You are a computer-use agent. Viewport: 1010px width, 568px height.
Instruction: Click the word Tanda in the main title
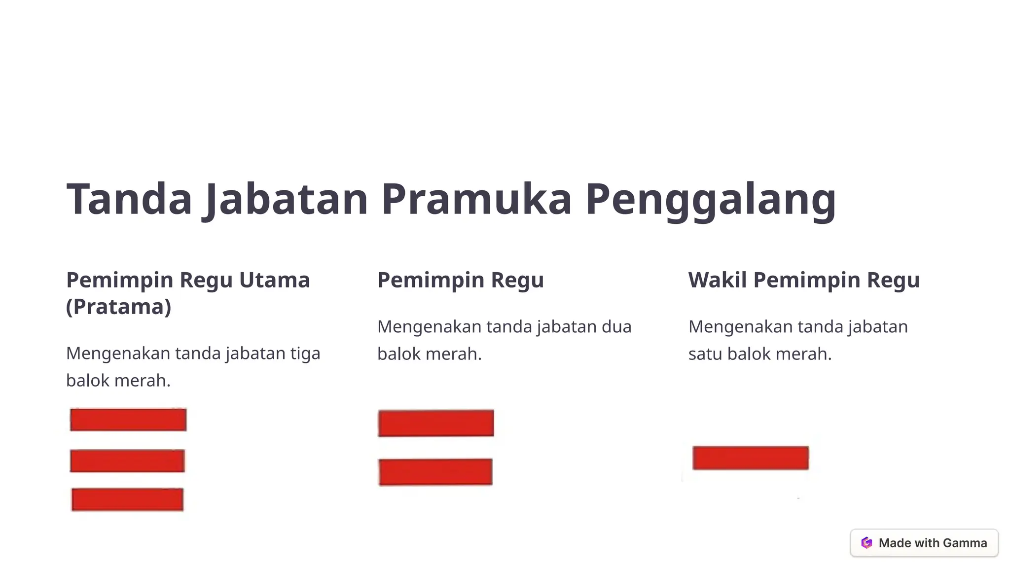[129, 199]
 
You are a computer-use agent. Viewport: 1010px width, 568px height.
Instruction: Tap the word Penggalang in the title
[711, 199]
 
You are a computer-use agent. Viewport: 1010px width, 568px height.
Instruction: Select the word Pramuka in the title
[476, 199]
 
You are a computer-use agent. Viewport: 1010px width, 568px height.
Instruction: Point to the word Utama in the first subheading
[275, 280]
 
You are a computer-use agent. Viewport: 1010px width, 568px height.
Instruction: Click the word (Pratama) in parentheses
[119, 307]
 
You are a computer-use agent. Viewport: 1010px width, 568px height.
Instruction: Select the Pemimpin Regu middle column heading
[461, 280]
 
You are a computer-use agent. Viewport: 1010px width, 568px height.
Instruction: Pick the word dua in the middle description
[616, 327]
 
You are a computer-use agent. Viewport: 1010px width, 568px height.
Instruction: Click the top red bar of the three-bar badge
[128, 420]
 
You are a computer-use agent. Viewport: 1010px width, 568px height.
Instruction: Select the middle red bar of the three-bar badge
[127, 461]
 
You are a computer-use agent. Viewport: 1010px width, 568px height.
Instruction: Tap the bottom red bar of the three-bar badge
[127, 499]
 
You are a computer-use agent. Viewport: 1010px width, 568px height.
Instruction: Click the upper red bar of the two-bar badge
[436, 423]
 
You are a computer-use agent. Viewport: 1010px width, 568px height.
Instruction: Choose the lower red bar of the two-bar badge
[435, 472]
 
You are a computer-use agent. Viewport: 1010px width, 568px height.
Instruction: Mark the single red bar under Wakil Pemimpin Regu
[751, 458]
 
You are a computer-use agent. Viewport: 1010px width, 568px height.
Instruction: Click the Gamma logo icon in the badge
[866, 543]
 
